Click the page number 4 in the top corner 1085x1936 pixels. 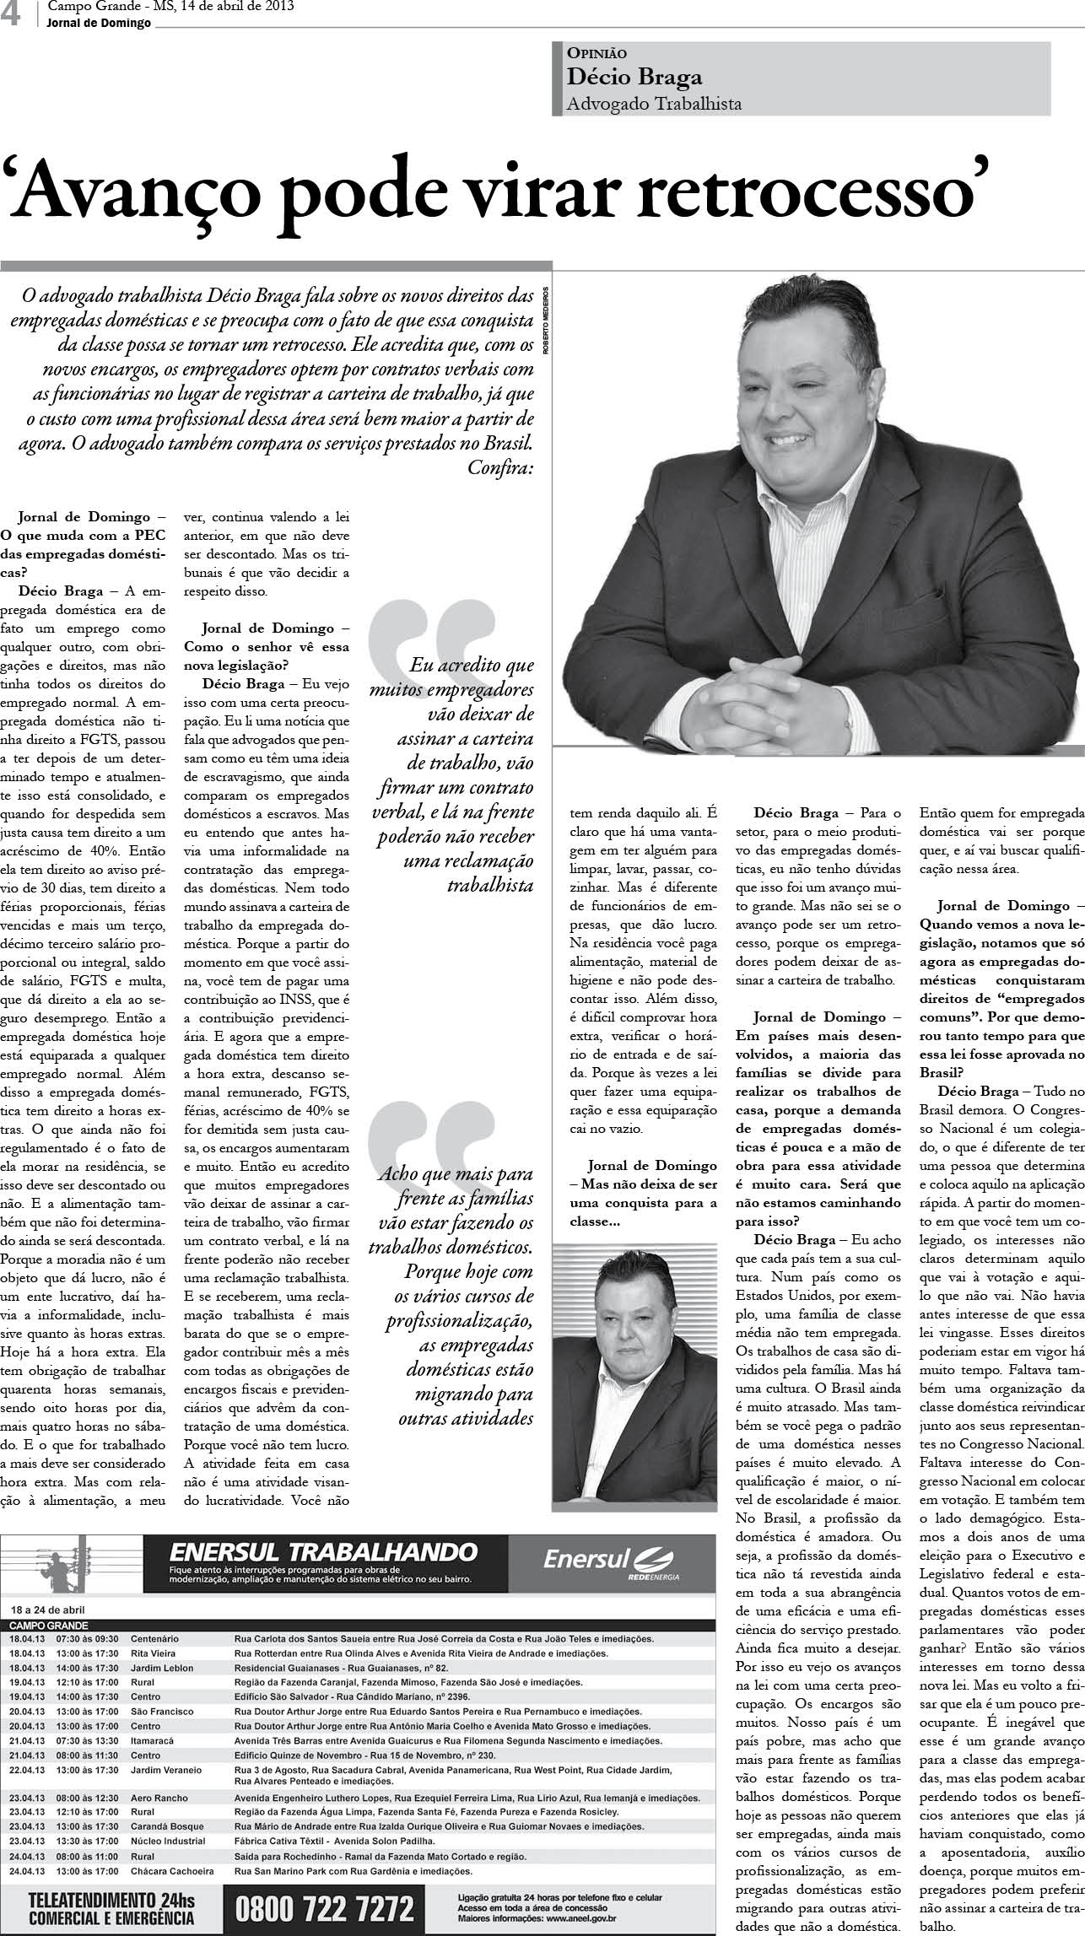point(12,15)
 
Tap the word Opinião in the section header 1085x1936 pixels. point(597,53)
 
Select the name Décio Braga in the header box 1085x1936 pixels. point(634,77)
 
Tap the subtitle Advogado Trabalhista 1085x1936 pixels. point(654,103)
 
